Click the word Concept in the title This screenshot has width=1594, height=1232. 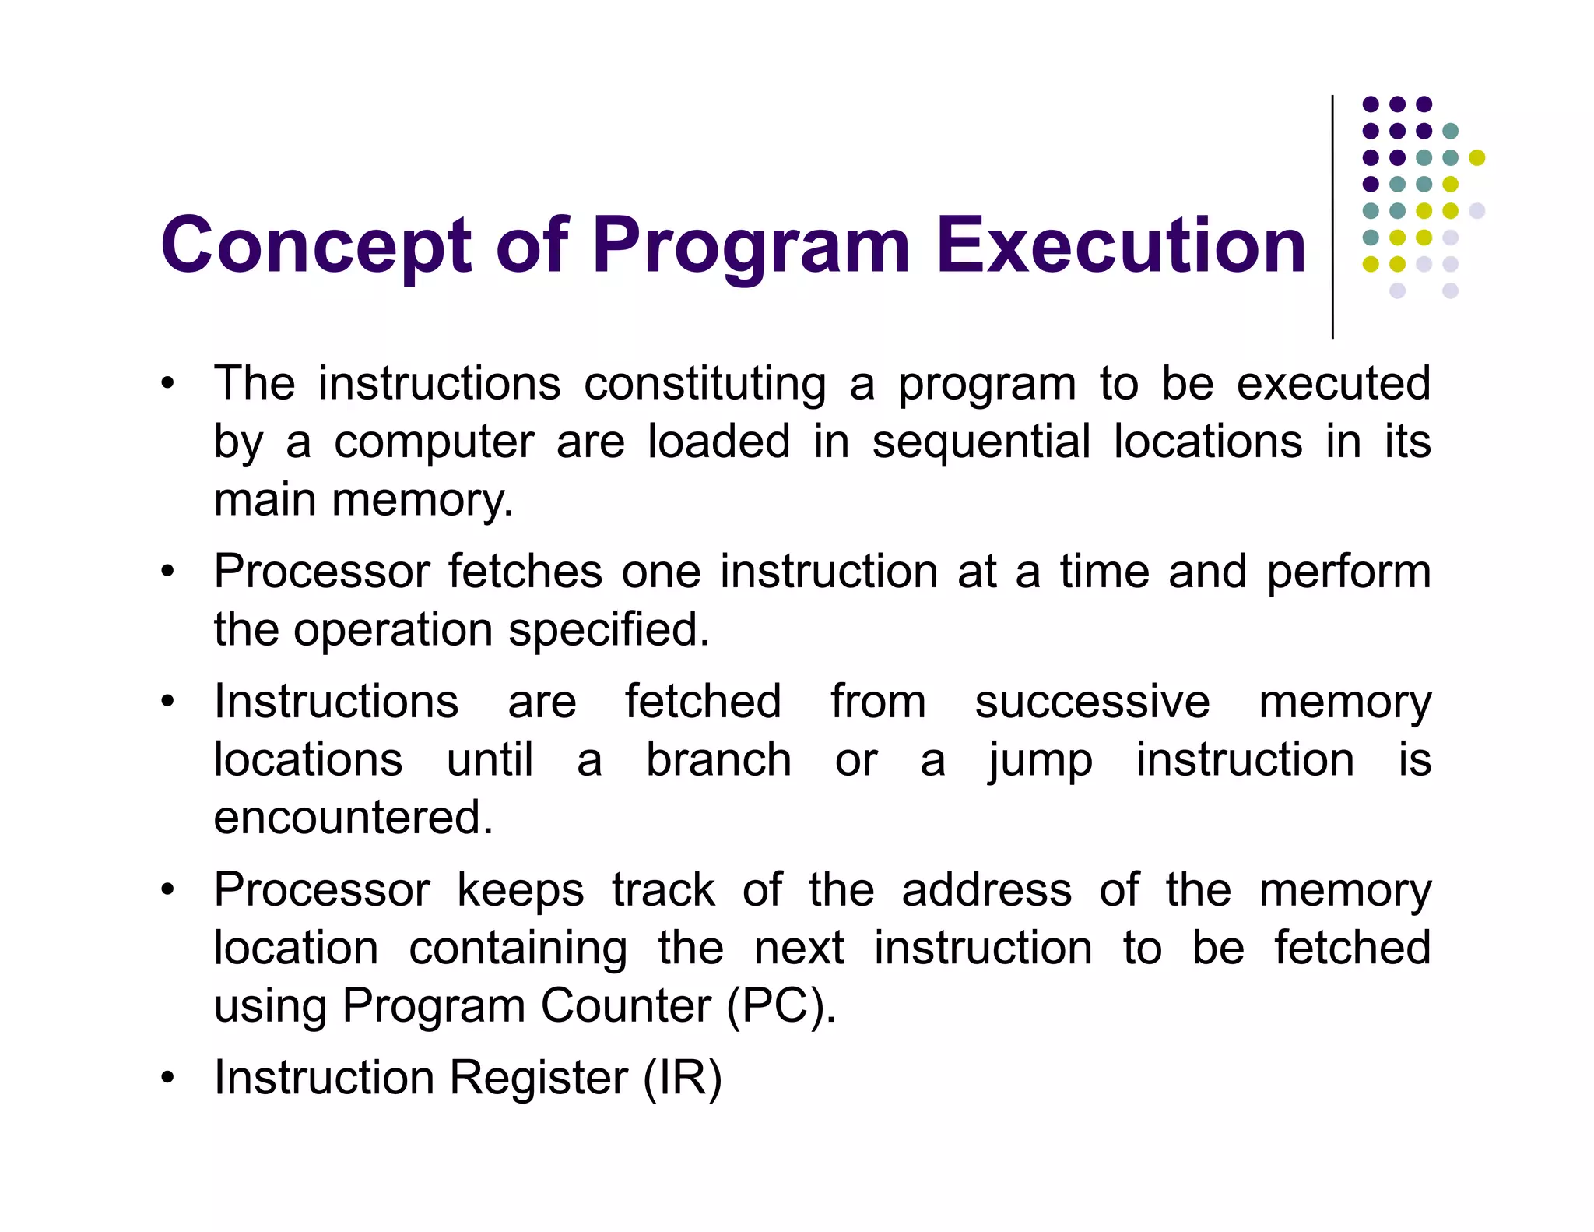click(316, 246)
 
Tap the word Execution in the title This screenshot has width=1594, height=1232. click(1121, 246)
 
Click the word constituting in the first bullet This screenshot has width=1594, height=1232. click(704, 384)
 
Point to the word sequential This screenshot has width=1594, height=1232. click(981, 442)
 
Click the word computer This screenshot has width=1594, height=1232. click(434, 443)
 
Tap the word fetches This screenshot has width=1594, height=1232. click(525, 572)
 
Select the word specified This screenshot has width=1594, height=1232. click(609, 630)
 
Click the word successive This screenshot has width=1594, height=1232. click(1092, 702)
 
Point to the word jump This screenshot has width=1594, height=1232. click(1040, 762)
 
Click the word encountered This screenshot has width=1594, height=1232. click(353, 818)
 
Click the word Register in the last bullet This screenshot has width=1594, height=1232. click(538, 1079)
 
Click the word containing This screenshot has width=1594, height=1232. click(518, 949)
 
